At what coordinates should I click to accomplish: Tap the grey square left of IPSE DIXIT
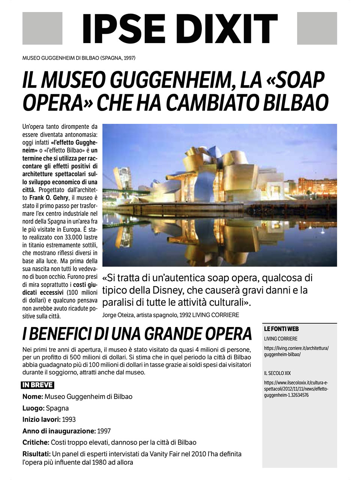tap(42, 28)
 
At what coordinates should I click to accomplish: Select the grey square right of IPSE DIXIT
tap(317, 28)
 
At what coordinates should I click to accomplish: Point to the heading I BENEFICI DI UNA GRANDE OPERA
tap(137, 333)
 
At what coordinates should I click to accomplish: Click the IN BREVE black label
tap(37, 385)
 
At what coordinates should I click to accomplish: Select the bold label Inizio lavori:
tap(41, 420)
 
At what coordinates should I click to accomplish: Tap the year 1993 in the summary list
tap(69, 420)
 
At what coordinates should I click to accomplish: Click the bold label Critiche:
tap(36, 442)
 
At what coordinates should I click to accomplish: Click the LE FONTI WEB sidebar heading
tap(281, 329)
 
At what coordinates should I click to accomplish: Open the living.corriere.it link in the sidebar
tap(296, 351)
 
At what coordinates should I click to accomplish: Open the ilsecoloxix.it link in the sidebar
tap(296, 389)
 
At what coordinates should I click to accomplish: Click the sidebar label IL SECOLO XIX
tap(277, 373)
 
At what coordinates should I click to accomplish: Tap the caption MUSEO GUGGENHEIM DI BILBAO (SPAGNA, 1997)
tap(79, 58)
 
